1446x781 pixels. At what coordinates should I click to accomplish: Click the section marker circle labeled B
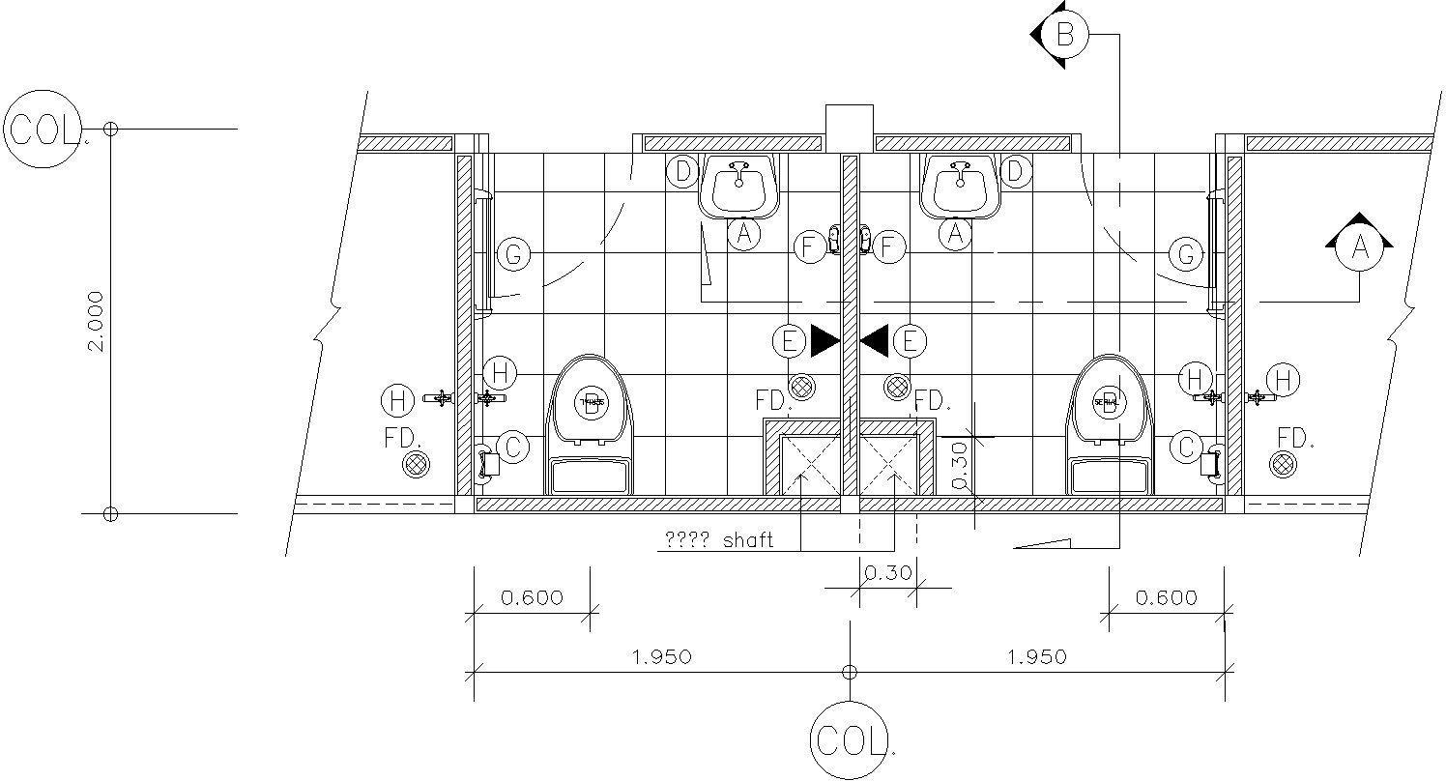[x=1064, y=36]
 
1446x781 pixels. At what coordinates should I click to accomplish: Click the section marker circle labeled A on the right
[x=1359, y=248]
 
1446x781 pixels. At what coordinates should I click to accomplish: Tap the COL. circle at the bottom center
[x=849, y=740]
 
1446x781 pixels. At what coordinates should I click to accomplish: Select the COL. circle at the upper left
[x=43, y=128]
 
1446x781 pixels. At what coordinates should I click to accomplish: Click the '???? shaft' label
[x=719, y=540]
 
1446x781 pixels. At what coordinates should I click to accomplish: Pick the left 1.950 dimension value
[x=661, y=657]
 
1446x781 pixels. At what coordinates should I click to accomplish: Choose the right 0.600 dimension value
[x=1166, y=597]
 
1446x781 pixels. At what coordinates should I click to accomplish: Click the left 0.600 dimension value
[x=532, y=597]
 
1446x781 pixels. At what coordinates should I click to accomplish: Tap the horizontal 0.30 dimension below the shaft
[x=886, y=572]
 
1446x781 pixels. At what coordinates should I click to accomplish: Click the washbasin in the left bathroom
[x=739, y=186]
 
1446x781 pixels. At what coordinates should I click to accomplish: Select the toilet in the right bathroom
[x=1109, y=425]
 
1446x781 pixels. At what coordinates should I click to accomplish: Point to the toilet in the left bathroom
[x=591, y=425]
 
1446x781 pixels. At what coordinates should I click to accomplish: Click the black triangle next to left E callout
[x=824, y=340]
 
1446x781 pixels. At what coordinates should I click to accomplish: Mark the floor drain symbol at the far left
[x=416, y=464]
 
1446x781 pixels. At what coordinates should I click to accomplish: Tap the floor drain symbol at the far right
[x=1283, y=464]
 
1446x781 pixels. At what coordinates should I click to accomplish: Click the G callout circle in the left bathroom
[x=513, y=255]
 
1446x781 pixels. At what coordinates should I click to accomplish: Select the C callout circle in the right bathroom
[x=1186, y=447]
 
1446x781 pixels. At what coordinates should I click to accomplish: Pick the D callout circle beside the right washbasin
[x=1015, y=172]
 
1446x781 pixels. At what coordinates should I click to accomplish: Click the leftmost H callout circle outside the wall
[x=397, y=399]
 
